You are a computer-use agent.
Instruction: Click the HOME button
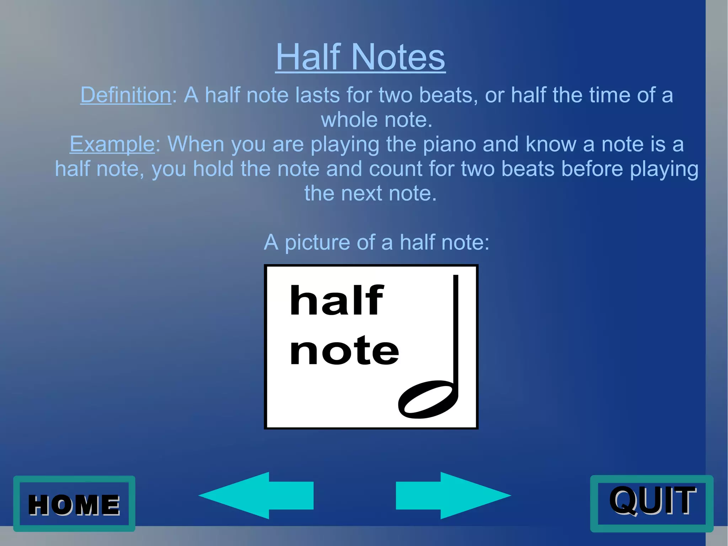pyautogui.click(x=74, y=504)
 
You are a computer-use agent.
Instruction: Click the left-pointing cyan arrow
pyautogui.click(x=256, y=495)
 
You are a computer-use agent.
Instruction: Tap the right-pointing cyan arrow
pyautogui.click(x=453, y=495)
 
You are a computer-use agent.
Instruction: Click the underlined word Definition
pyautogui.click(x=126, y=95)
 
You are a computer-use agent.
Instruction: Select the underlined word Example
pyautogui.click(x=112, y=144)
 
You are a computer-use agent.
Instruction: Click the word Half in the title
pyautogui.click(x=308, y=57)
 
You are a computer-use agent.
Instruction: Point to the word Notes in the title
pyautogui.click(x=398, y=57)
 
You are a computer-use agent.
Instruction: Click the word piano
pyautogui.click(x=449, y=144)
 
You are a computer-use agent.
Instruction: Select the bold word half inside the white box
pyautogui.click(x=336, y=301)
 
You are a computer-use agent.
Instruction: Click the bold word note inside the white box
pyautogui.click(x=344, y=351)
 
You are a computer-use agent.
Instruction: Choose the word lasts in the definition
pyautogui.click(x=317, y=95)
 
